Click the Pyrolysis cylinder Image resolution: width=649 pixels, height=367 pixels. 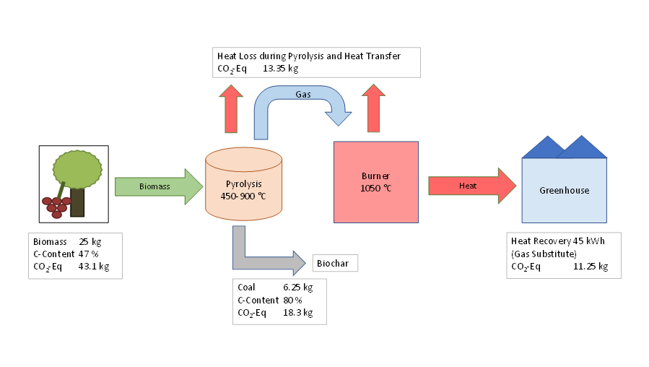tap(243, 184)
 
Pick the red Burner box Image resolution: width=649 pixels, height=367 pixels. tap(375, 181)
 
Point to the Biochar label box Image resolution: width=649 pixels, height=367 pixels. tap(334, 263)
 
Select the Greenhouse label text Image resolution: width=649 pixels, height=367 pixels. tap(564, 191)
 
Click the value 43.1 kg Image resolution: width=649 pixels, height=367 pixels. tap(93, 267)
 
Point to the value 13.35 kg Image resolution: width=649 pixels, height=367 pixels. tap(280, 69)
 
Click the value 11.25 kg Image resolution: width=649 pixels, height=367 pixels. tap(591, 266)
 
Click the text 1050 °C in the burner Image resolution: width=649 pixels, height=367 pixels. tap(375, 188)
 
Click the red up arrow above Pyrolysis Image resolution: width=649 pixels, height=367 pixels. tap(232, 108)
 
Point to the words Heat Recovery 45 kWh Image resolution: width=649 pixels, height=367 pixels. tap(556, 241)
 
